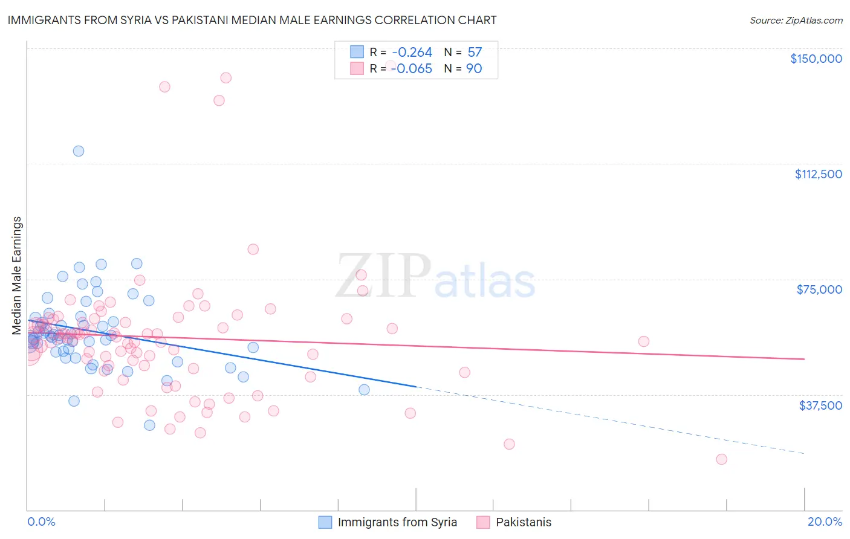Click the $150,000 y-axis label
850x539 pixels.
coord(816,59)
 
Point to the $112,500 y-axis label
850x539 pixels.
coord(818,174)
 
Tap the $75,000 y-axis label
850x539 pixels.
coord(819,289)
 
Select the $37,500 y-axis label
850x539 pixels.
coord(820,405)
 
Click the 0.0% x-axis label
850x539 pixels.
coord(41,521)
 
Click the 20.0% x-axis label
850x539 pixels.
coord(825,521)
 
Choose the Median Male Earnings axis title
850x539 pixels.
coord(17,275)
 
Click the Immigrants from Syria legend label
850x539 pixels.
coord(397,522)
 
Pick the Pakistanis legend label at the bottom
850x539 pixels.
coord(524,522)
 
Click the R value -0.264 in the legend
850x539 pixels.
coord(412,53)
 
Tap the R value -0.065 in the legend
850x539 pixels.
coord(412,69)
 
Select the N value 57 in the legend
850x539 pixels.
coord(475,53)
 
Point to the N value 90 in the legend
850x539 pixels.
coord(474,69)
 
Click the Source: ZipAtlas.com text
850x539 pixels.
coord(796,21)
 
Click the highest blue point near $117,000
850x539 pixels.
coord(79,151)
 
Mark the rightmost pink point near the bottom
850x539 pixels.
coord(721,459)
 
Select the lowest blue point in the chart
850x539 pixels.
coord(149,425)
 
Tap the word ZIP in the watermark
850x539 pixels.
coord(383,276)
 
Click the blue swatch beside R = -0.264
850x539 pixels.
coord(357,52)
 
